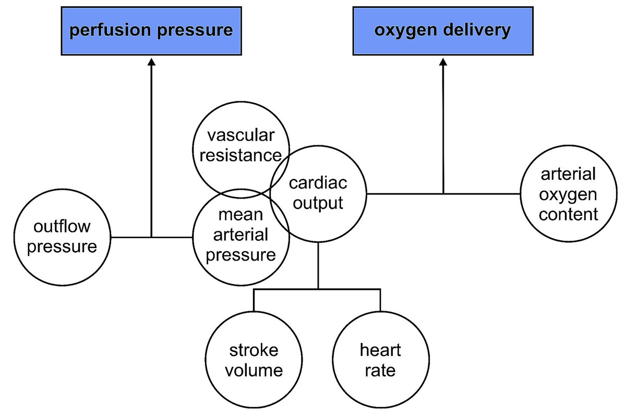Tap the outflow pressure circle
point(62,237)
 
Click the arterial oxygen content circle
point(568,194)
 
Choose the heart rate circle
point(380,360)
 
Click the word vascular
point(240,136)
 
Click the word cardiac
point(318,183)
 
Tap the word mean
point(239,215)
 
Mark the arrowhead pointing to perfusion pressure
point(151,61)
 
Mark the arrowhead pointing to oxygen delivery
point(443,61)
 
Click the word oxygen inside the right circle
point(568,194)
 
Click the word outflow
point(62,227)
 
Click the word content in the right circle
point(568,214)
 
